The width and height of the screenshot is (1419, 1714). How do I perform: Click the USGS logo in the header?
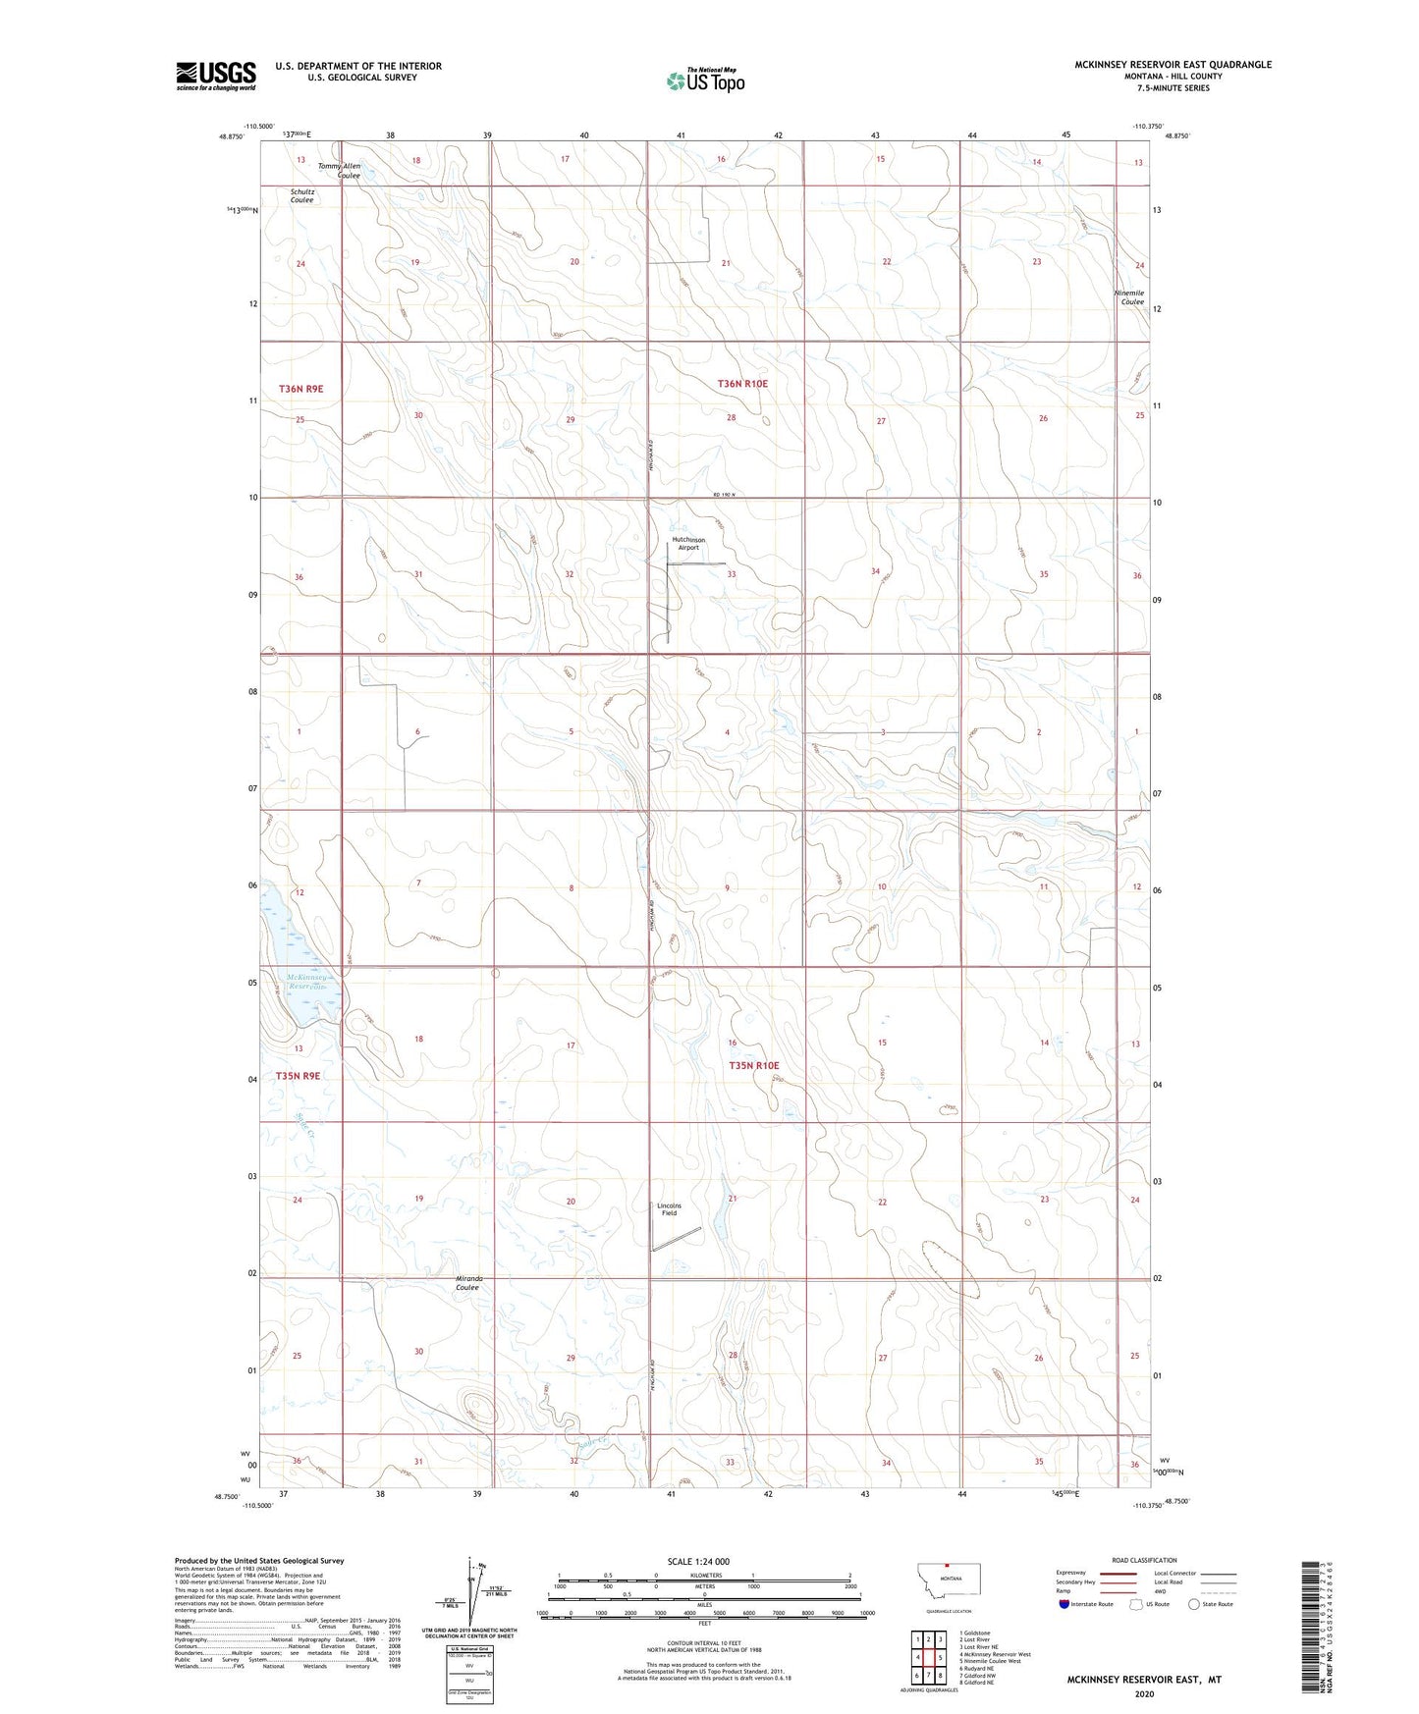click(x=216, y=76)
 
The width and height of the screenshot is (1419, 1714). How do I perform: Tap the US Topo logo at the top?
click(x=704, y=80)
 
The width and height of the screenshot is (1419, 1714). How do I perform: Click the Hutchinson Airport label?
click(x=687, y=544)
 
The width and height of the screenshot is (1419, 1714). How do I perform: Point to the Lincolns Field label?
click(x=669, y=1209)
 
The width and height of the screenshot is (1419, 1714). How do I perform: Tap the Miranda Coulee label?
click(x=467, y=1283)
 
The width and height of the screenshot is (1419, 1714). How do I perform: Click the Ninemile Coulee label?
click(x=1131, y=297)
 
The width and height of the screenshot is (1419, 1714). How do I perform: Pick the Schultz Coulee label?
click(x=301, y=196)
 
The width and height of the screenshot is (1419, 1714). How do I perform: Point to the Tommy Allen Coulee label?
click(x=340, y=171)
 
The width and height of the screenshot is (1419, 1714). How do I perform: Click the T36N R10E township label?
click(x=742, y=384)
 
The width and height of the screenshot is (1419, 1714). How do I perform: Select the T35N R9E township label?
click(x=299, y=1076)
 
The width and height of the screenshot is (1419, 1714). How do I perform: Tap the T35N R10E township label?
click(x=753, y=1065)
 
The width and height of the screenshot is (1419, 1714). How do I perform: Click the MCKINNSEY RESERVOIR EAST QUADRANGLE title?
click(x=1173, y=65)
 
